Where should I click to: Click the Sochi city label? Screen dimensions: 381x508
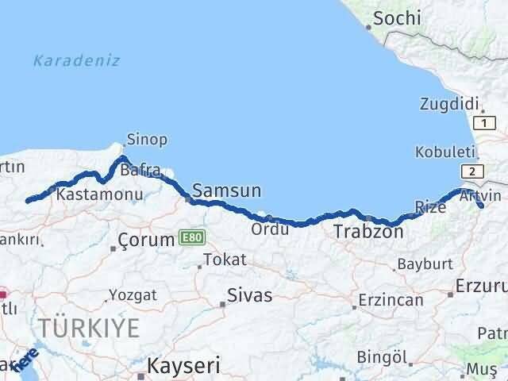click(x=396, y=17)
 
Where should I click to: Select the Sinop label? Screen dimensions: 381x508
click(x=148, y=140)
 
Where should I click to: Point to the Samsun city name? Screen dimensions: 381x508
click(x=228, y=190)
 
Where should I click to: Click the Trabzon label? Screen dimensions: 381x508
click(x=368, y=232)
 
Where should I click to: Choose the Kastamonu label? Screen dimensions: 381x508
click(x=100, y=194)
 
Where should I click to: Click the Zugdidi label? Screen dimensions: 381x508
click(x=448, y=104)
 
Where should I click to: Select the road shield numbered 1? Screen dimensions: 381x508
click(x=483, y=123)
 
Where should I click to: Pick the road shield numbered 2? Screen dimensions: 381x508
click(x=473, y=171)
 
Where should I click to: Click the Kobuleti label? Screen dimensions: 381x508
click(x=443, y=152)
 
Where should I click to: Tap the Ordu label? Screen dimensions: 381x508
click(x=264, y=229)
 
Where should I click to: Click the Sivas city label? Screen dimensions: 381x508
click(x=249, y=295)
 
